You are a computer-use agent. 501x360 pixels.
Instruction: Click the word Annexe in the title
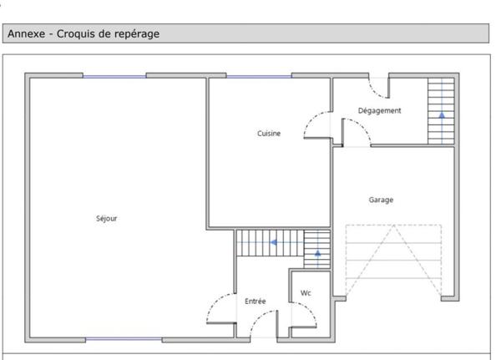pyautogui.click(x=26, y=33)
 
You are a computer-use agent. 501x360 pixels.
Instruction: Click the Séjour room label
pyautogui.click(x=107, y=218)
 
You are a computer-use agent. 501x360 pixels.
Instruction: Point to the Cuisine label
pyautogui.click(x=269, y=134)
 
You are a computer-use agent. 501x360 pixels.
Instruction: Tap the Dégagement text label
pyautogui.click(x=379, y=110)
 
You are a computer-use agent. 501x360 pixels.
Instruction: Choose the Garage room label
pyautogui.click(x=381, y=200)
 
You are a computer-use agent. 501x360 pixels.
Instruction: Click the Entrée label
pyautogui.click(x=255, y=302)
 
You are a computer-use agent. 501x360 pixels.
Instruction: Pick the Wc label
pyautogui.click(x=306, y=293)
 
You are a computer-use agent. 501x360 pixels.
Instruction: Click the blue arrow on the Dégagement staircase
pyautogui.click(x=442, y=115)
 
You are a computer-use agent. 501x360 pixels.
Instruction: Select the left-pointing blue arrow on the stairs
pyautogui.click(x=274, y=242)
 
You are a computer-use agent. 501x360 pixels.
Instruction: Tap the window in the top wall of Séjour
pyautogui.click(x=114, y=76)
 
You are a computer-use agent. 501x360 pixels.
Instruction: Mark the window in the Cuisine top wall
pyautogui.click(x=259, y=76)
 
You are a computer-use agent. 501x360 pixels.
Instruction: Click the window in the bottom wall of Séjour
pyautogui.click(x=124, y=339)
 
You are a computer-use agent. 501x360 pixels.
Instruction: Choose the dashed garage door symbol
pyautogui.click(x=393, y=261)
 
